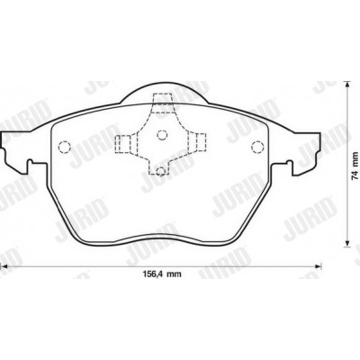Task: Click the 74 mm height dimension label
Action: coord(355,166)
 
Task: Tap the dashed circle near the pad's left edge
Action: coord(64,147)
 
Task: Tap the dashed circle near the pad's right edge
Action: coord(257,147)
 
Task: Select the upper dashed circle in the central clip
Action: coord(162,135)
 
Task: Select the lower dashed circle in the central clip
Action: coord(161,171)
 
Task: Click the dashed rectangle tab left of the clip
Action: coord(123,144)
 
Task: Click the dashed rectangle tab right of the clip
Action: coord(199,142)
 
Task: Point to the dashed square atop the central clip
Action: coord(162,103)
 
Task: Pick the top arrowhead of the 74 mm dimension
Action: coord(347,85)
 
